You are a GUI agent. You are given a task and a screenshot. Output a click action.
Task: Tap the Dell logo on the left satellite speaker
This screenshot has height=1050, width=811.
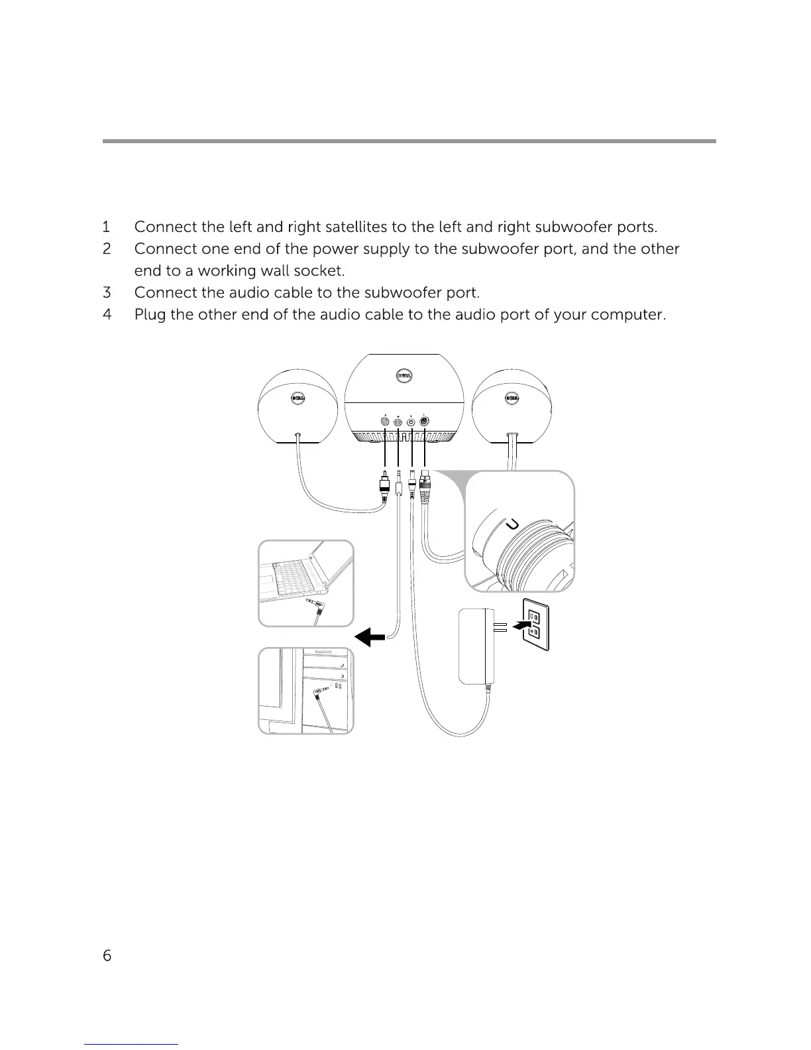pos(299,398)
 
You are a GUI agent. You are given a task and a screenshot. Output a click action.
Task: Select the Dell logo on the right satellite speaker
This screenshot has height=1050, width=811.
pos(512,398)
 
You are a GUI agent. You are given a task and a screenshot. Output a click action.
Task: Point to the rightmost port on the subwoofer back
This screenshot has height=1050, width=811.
pos(425,422)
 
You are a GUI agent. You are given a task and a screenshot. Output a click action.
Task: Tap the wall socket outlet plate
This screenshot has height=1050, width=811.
pos(536,624)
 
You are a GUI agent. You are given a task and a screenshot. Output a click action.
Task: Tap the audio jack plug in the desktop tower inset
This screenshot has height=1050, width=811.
pos(321,692)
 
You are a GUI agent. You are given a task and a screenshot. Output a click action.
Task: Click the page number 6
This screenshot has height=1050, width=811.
pos(107,955)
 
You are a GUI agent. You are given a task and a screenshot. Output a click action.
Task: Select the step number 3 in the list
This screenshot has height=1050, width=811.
pos(107,292)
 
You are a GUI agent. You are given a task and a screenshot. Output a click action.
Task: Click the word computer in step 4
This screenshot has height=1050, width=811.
pos(627,315)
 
